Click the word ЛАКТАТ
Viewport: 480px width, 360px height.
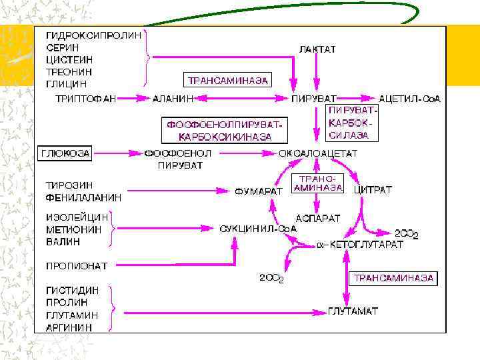tap(317, 49)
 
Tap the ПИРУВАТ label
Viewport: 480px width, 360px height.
tap(314, 99)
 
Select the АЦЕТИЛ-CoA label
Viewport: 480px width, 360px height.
tap(409, 99)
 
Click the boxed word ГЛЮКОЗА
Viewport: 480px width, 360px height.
tap(65, 153)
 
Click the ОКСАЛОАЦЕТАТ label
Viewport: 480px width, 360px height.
tap(318, 153)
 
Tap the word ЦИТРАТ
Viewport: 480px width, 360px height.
tap(373, 190)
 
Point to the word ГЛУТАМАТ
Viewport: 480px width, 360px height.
tap(353, 311)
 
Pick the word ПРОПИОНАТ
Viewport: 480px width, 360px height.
tap(76, 265)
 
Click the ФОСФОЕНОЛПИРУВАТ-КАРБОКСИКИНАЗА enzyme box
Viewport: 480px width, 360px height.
tap(219, 131)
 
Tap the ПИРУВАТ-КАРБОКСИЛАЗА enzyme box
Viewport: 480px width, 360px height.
tap(352, 122)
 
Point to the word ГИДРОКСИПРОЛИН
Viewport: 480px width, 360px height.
tap(94, 36)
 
